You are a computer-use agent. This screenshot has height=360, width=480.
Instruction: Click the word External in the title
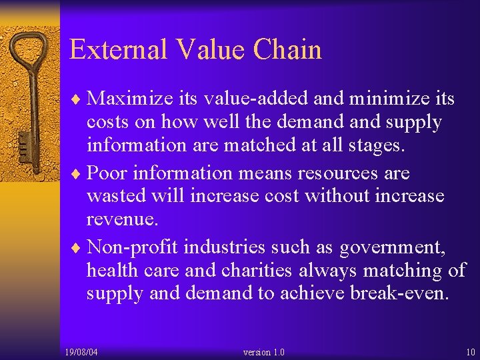116,50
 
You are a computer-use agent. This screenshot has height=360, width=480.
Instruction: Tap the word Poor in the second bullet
108,173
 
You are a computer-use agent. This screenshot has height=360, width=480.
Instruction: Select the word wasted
117,197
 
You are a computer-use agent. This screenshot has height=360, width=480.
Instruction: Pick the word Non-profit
133,247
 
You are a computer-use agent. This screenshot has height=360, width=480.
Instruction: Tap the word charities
256,271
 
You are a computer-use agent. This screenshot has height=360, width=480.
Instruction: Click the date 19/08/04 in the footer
81,352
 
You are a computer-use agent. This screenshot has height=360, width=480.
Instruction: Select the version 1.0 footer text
264,352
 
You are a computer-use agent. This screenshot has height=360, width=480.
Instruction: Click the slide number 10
471,352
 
